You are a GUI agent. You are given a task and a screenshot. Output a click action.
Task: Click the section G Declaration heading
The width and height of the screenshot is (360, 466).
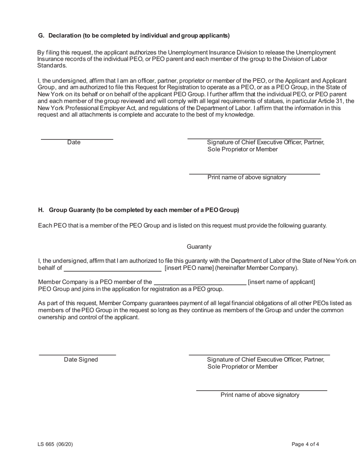[x=134, y=36]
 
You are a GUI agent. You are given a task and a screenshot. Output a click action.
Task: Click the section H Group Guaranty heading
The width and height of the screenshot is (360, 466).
[x=138, y=210]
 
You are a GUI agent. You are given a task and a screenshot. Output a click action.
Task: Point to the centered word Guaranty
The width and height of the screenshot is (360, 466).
[x=199, y=247]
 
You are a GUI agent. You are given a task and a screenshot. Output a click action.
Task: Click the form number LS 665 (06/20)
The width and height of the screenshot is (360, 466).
[x=55, y=444]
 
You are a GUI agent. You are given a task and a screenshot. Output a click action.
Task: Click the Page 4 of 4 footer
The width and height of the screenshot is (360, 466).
[x=305, y=444]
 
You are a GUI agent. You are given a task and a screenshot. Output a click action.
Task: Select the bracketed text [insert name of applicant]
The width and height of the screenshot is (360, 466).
[x=281, y=282]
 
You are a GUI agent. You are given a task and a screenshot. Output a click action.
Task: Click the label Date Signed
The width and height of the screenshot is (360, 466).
[x=81, y=360]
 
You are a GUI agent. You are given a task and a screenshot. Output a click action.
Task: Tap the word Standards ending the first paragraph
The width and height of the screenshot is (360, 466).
[x=52, y=66]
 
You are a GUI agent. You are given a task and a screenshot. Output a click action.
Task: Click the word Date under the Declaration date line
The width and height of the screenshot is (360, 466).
[x=74, y=142]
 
